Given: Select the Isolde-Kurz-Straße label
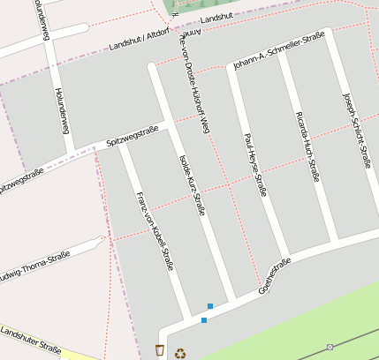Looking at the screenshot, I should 192,184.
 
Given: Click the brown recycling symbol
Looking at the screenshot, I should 180,353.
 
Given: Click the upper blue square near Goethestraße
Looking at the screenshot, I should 210,306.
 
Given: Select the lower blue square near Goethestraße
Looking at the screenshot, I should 204,320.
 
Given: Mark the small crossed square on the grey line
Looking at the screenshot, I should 330,347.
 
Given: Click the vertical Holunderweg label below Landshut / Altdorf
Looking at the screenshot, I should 62,110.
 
